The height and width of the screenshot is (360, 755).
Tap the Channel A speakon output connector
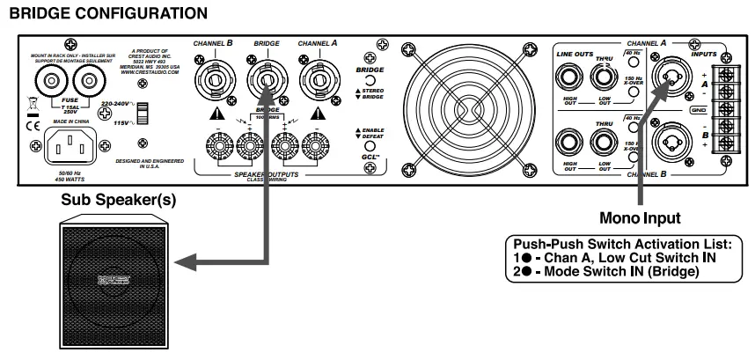316,82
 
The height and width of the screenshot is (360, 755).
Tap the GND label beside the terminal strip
700,110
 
